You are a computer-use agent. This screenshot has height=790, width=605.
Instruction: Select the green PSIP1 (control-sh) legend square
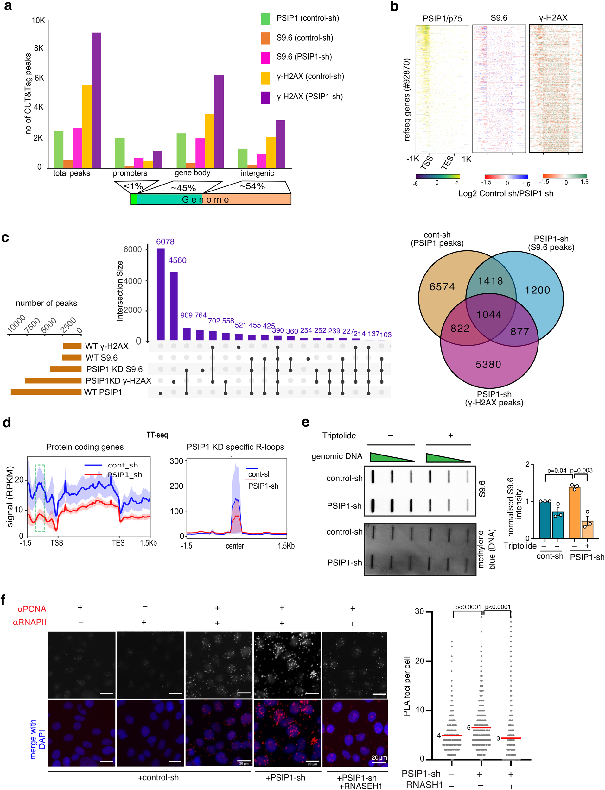265,19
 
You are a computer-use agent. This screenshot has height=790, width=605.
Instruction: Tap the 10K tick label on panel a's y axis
38,21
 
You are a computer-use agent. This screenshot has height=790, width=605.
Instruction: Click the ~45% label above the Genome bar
183,188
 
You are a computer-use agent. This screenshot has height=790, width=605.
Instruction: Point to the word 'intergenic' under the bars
257,173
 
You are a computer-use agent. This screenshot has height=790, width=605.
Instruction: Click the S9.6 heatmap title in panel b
499,18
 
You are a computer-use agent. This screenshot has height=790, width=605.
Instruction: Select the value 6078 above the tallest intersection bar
165,242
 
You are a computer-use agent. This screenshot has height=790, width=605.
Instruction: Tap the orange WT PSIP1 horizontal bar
46,392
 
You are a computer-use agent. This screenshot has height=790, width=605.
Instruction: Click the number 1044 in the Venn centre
489,314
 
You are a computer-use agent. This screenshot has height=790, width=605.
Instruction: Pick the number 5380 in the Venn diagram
488,364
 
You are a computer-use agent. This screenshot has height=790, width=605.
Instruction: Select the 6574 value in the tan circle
442,287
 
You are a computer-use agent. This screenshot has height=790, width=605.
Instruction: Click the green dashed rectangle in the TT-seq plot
40,498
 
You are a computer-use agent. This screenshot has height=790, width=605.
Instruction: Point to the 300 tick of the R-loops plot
176,461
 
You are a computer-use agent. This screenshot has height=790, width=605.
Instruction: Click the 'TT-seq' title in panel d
157,435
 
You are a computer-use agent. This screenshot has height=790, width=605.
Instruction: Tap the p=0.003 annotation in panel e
581,470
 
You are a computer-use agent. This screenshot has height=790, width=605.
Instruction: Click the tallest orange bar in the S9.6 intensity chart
574,512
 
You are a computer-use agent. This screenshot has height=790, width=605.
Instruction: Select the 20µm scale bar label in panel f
379,757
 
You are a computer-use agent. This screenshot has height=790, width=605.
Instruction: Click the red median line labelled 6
481,727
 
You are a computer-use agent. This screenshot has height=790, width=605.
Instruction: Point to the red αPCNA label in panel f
32,609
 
